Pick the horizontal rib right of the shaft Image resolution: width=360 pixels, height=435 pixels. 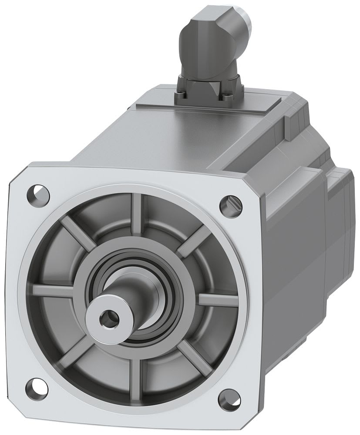click(218, 300)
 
